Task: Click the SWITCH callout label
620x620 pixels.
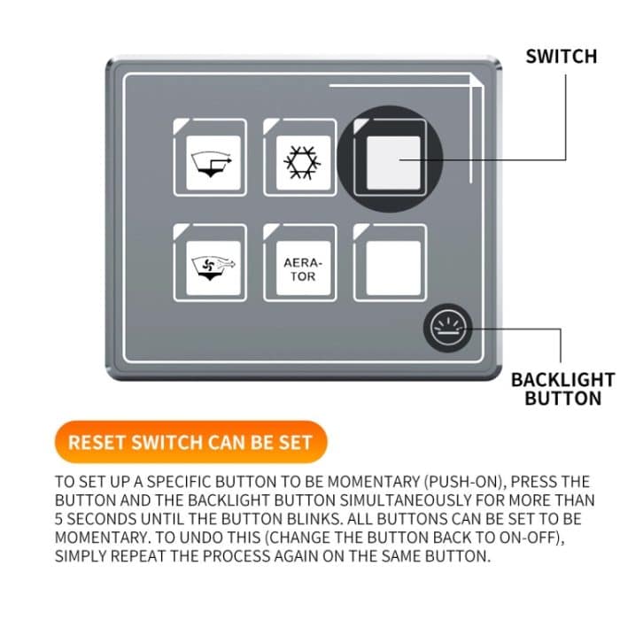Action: click(562, 57)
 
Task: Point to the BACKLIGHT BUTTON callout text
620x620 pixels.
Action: click(562, 389)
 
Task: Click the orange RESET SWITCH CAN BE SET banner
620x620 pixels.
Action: click(190, 442)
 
